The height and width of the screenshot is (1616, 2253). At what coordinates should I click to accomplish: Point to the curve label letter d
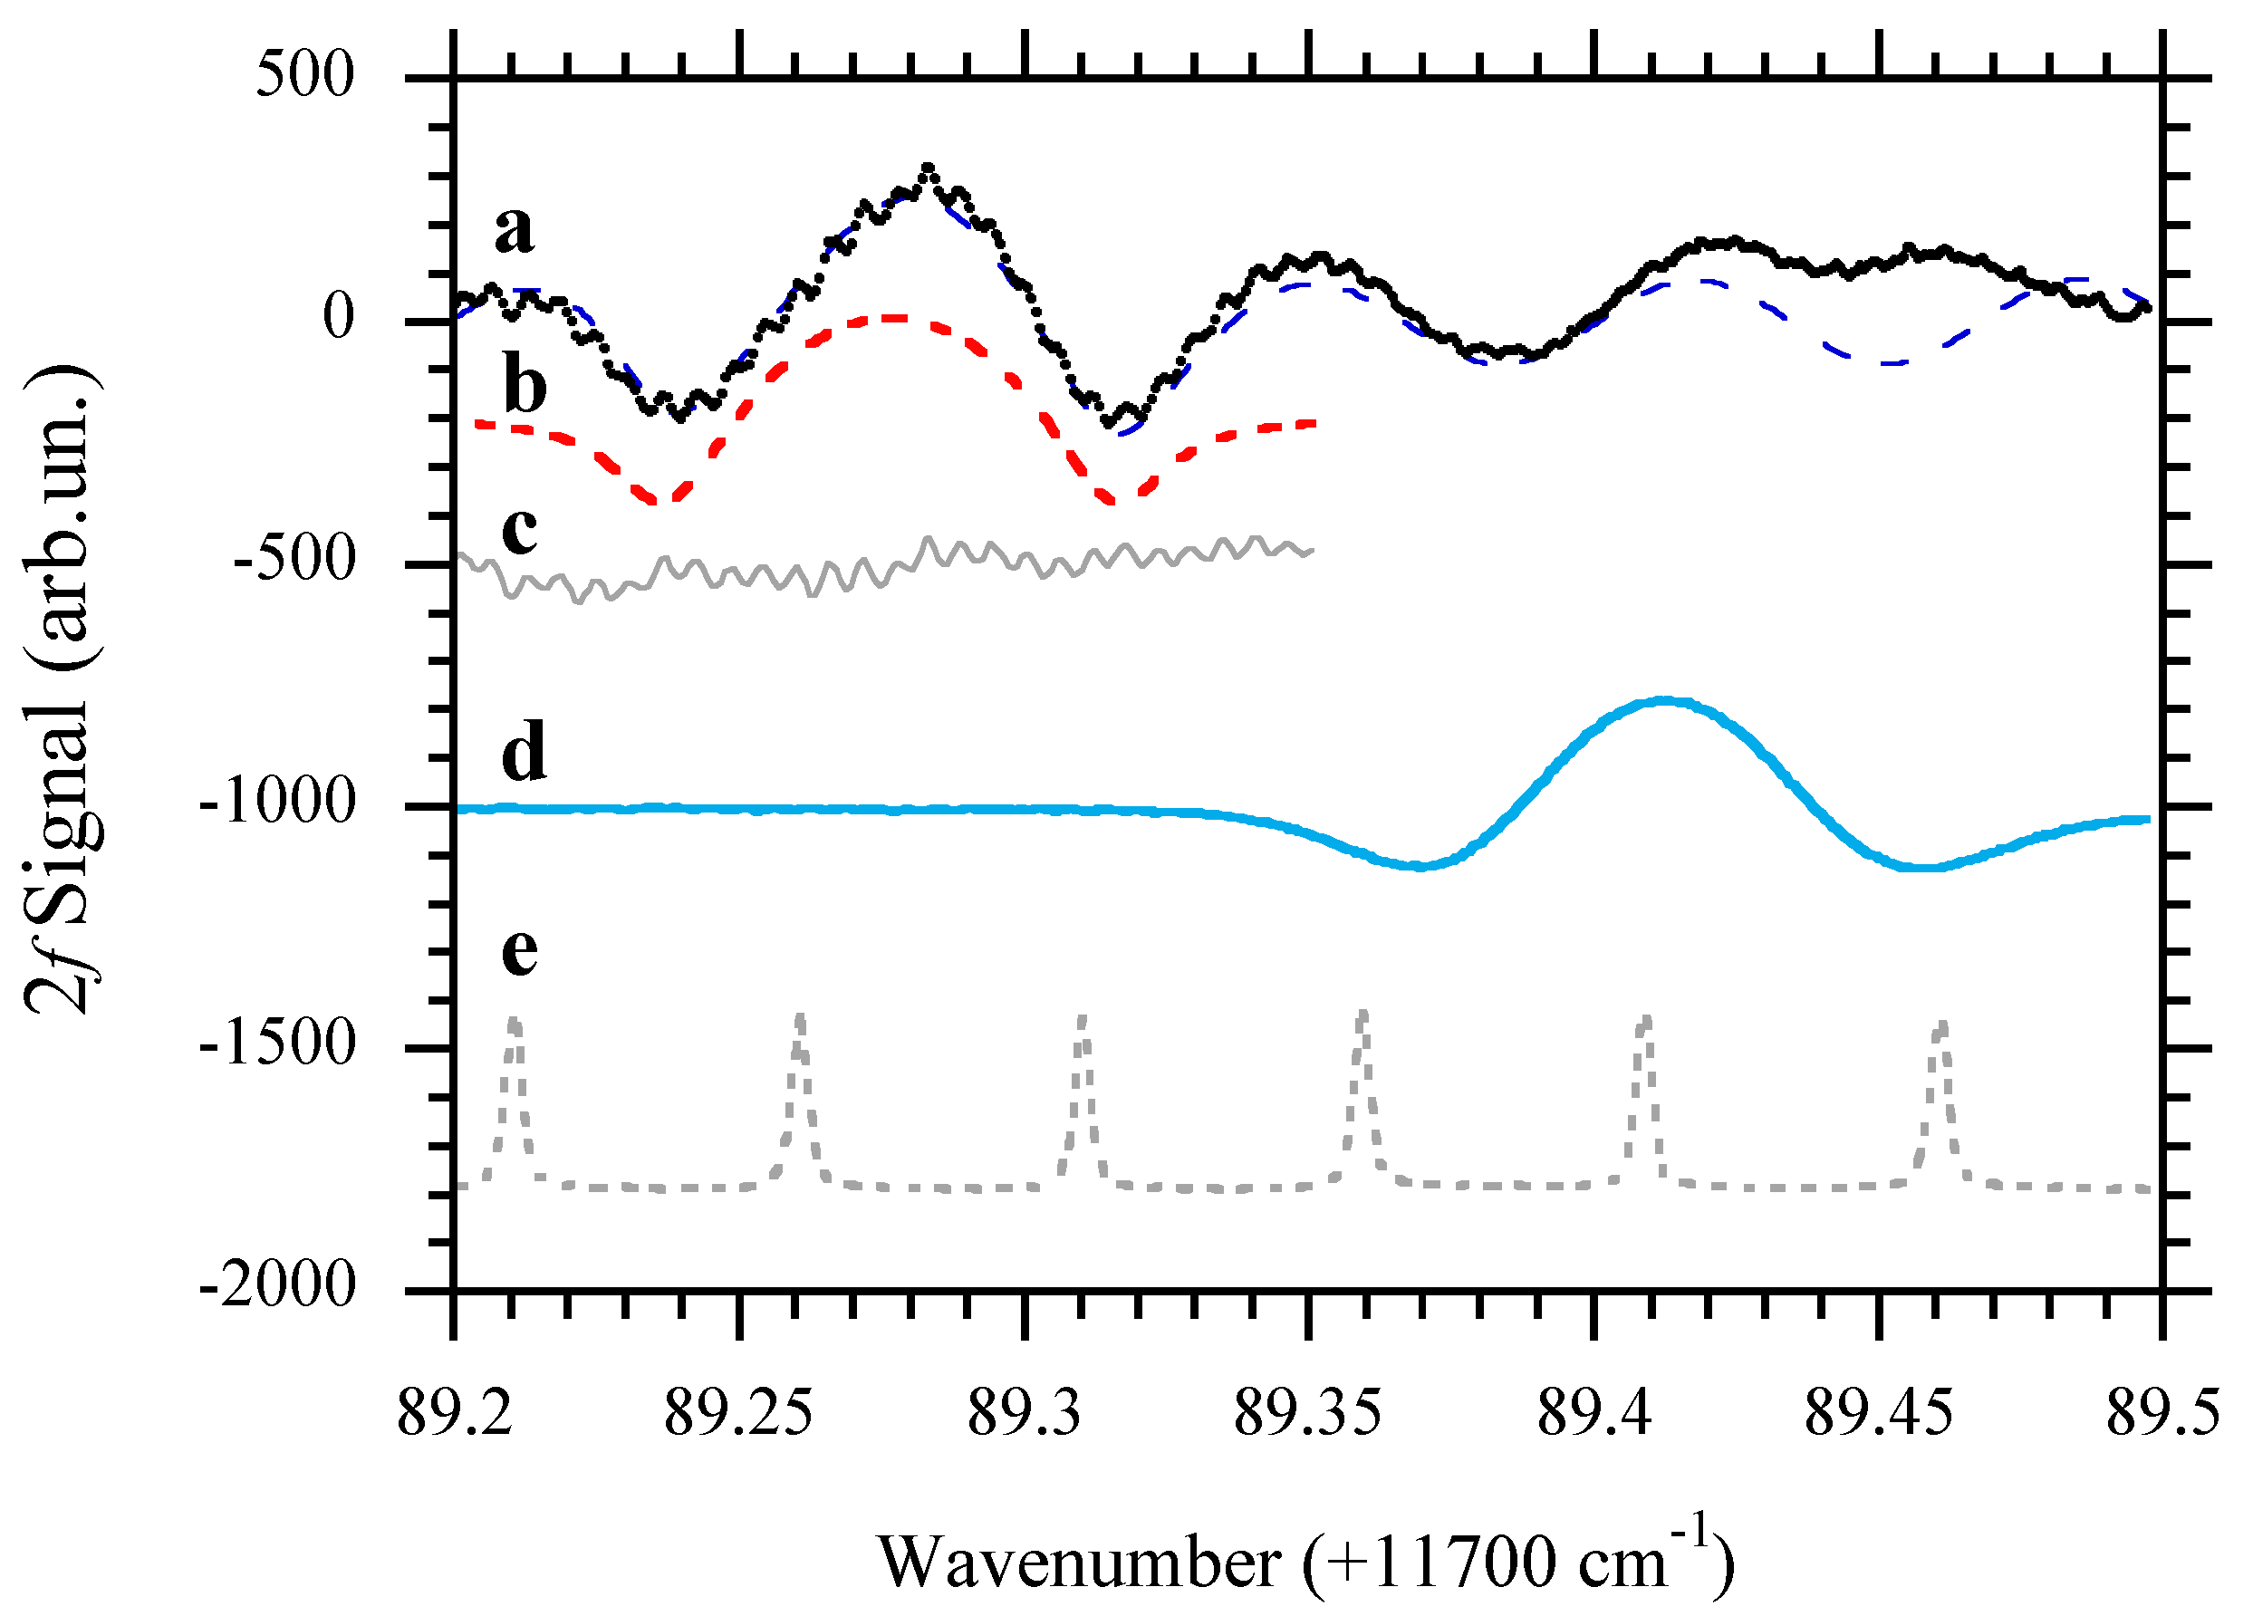click(524, 751)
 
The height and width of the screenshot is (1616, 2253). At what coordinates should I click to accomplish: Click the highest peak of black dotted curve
click(927, 168)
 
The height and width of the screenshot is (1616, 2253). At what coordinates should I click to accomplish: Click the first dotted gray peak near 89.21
click(514, 1019)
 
